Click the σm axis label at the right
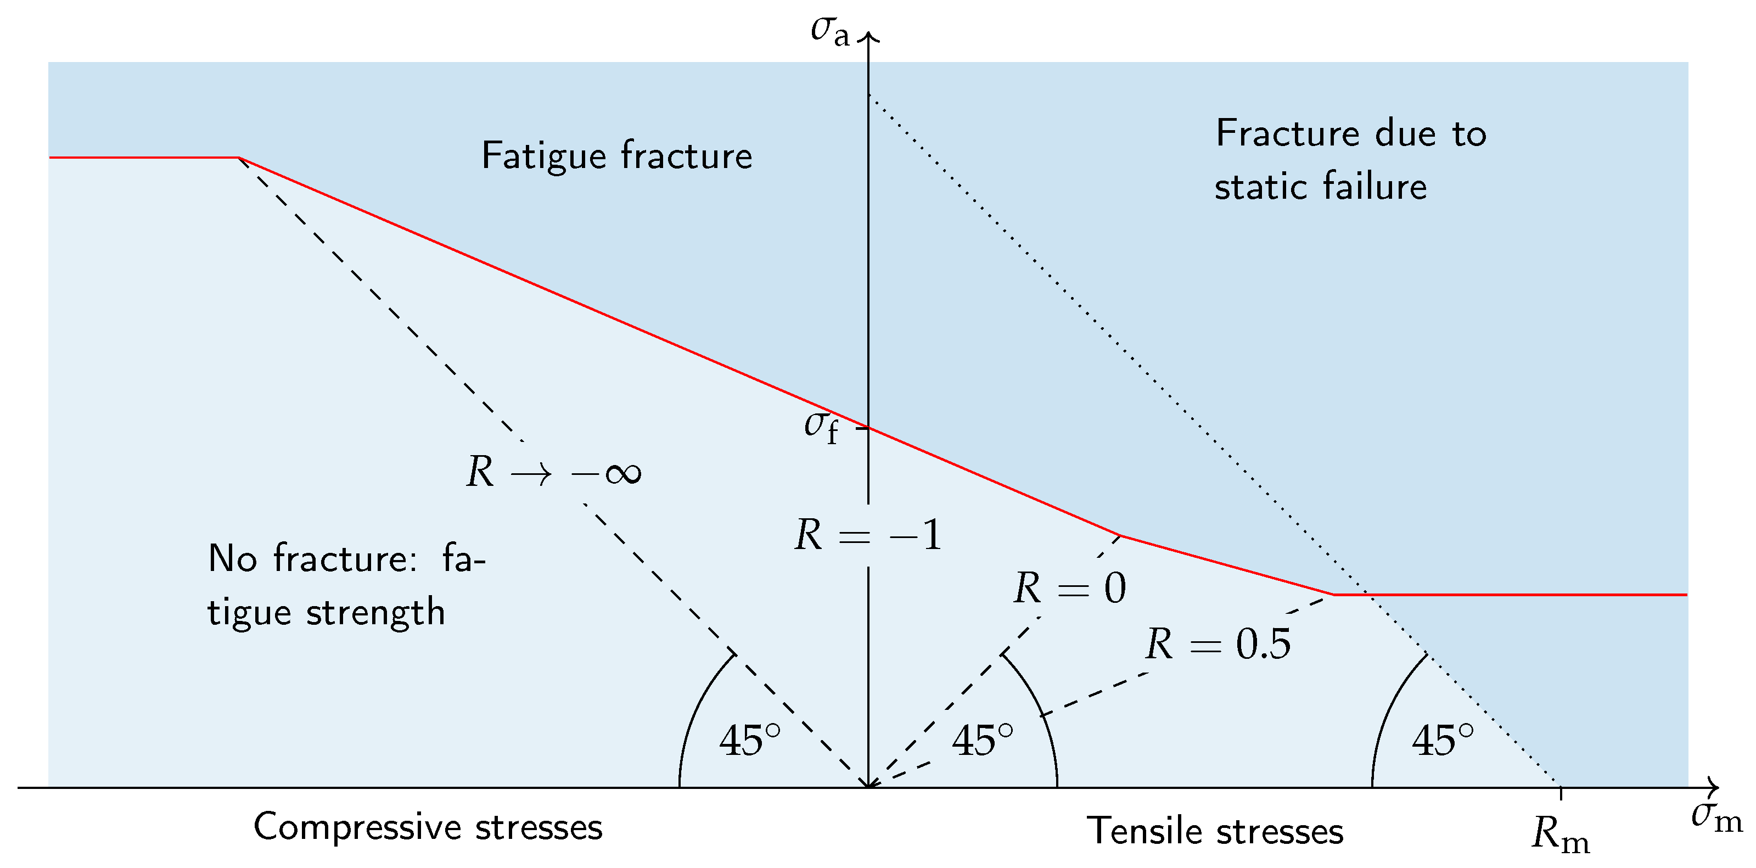1716,817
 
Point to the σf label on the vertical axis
821,427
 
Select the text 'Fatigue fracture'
616,156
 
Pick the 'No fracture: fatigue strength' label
346,584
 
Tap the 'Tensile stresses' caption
1215,831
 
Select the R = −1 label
868,535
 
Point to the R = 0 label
1069,588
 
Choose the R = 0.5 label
1218,643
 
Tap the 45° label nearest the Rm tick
1443,741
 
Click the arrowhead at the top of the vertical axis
868,36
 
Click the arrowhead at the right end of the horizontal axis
1715,787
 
